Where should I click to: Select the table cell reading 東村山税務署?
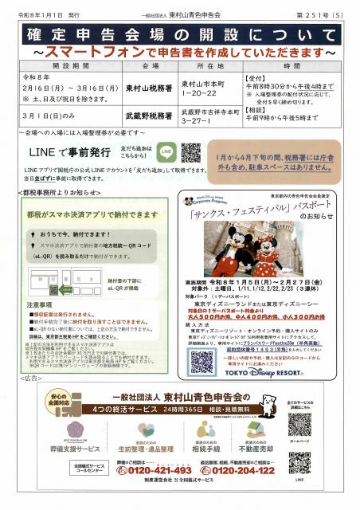151,89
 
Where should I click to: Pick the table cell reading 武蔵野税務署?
151,116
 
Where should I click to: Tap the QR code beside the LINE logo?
191,151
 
